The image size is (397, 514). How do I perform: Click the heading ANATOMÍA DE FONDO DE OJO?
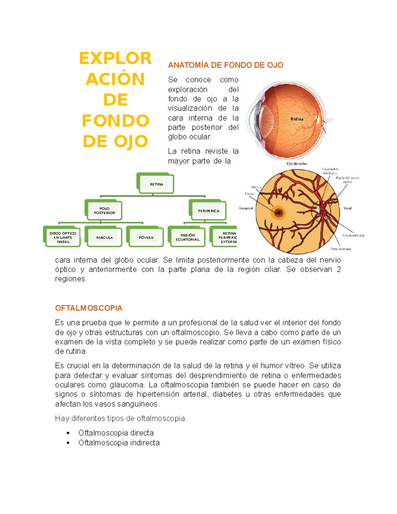[225, 65]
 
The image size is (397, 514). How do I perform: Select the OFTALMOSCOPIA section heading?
[89, 308]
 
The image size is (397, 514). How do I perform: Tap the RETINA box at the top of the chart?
[156, 184]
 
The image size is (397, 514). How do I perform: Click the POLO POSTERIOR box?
[104, 211]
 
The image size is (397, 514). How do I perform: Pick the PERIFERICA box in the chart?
[208, 211]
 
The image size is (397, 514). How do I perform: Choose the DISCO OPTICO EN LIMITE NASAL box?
[63, 237]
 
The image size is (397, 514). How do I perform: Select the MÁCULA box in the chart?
[104, 237]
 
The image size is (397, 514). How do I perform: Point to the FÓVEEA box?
[146, 237]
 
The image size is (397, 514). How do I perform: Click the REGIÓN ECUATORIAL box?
[188, 237]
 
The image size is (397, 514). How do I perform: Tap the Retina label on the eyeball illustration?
[297, 119]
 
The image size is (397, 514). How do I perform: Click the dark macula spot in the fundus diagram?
[279, 212]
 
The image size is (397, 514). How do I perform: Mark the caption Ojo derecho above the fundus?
[296, 164]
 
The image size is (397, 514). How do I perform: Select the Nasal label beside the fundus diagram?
[347, 208]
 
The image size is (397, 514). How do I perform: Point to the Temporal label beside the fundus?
[246, 208]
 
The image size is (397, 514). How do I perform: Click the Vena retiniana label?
[340, 249]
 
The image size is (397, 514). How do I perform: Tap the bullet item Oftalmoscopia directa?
[116, 433]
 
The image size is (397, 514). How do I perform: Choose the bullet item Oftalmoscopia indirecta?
[119, 443]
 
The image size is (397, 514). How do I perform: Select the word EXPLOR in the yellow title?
[115, 59]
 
